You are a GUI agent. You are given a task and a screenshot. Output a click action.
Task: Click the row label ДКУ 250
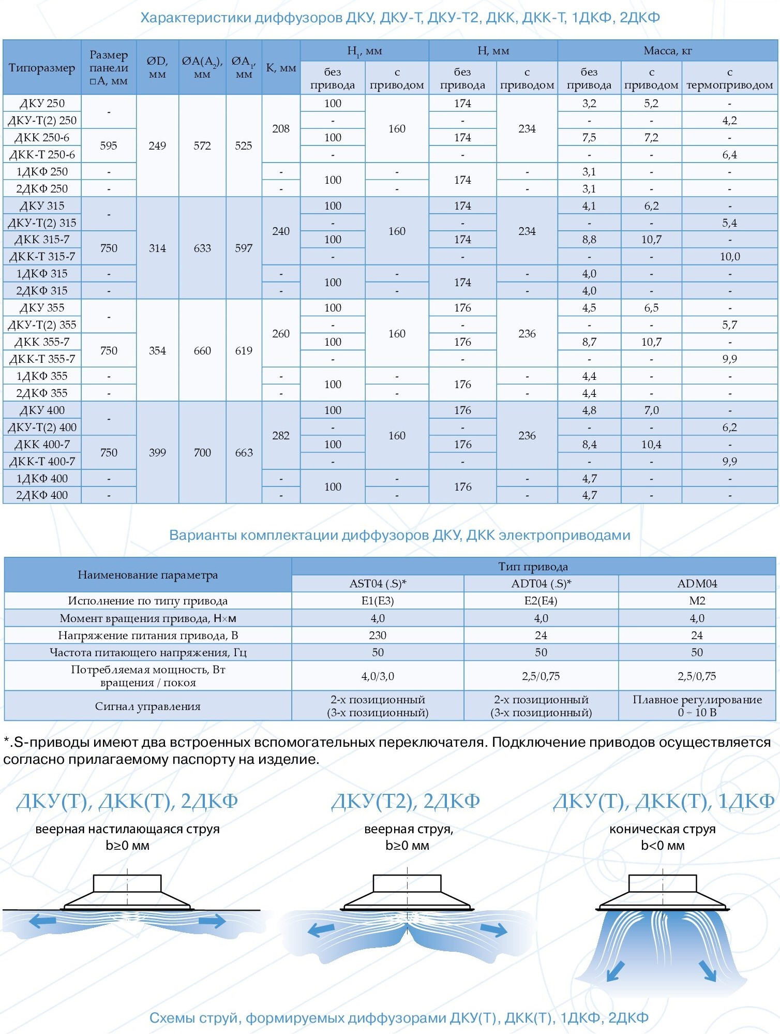[42, 104]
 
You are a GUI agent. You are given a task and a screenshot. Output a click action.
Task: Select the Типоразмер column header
[42, 68]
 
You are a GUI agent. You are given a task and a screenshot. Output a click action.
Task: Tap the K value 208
[281, 128]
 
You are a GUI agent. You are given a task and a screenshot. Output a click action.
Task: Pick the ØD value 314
[157, 248]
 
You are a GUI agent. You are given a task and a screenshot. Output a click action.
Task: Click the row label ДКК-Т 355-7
[42, 359]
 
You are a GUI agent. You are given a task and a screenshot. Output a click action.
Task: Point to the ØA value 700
[202, 453]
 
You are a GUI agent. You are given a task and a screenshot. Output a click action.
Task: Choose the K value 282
[281, 436]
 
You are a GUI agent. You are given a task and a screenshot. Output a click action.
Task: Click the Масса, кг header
[667, 51]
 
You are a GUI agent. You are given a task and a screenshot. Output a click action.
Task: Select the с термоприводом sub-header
[729, 79]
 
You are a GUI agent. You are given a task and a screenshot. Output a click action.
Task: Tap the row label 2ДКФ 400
[42, 495]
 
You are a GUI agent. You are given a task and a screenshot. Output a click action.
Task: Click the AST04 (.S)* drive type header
[378, 584]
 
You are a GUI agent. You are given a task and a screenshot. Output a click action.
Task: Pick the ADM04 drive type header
[697, 584]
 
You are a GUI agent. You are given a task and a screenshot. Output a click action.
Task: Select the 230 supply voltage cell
[378, 636]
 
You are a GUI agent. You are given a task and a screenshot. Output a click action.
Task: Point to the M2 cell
[697, 601]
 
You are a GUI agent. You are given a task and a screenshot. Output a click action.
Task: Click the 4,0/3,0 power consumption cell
[378, 676]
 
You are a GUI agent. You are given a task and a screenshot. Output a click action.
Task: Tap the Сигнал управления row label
[147, 706]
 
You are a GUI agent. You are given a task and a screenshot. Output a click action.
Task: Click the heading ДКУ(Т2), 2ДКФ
[406, 802]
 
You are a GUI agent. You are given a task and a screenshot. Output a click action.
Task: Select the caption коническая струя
[662, 829]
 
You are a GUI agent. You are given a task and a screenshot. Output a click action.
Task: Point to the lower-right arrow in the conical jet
[708, 970]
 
